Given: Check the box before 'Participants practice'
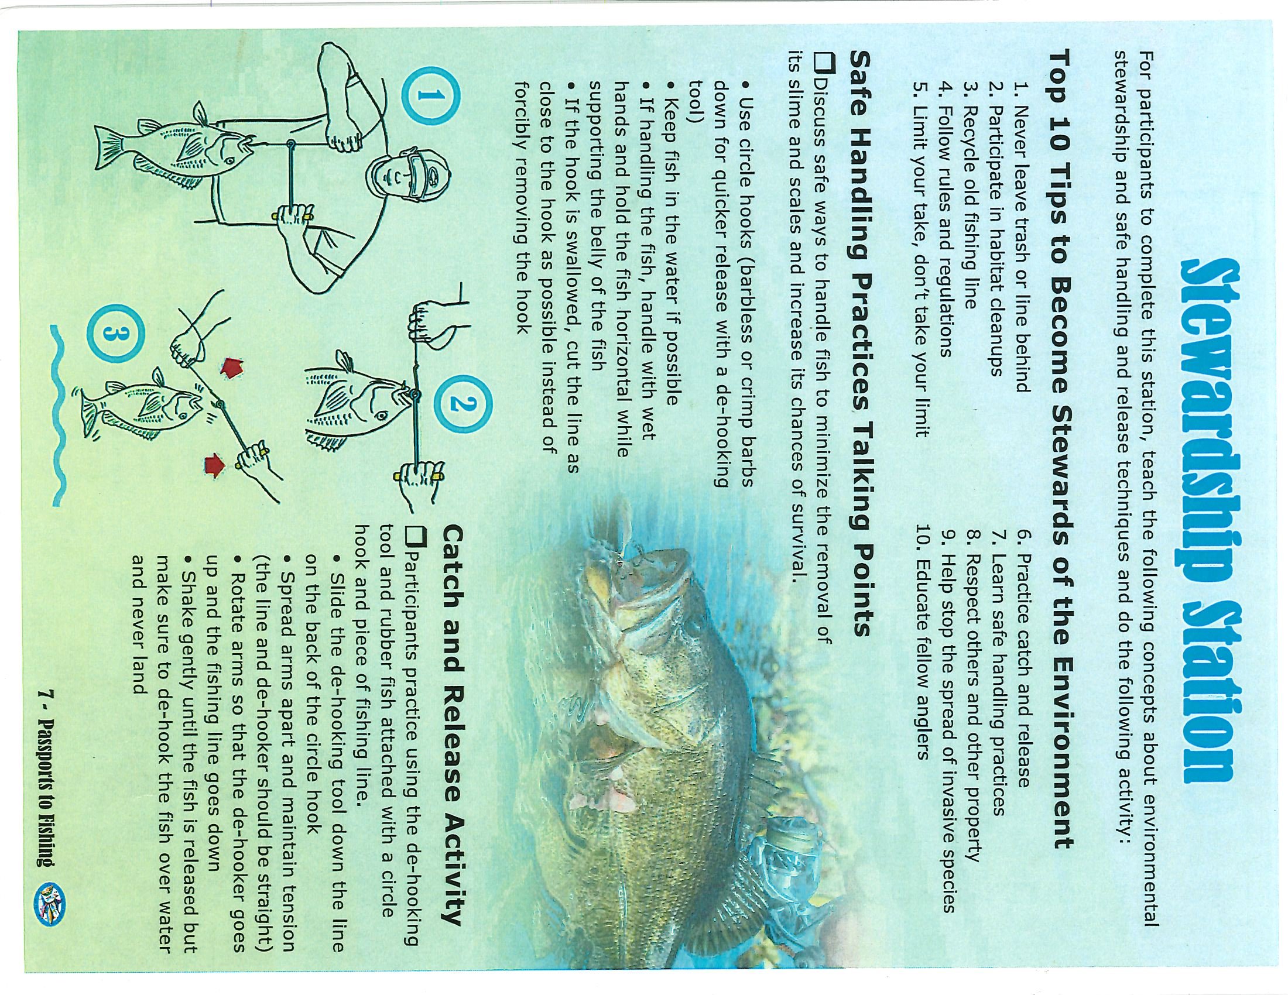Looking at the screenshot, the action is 416,534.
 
